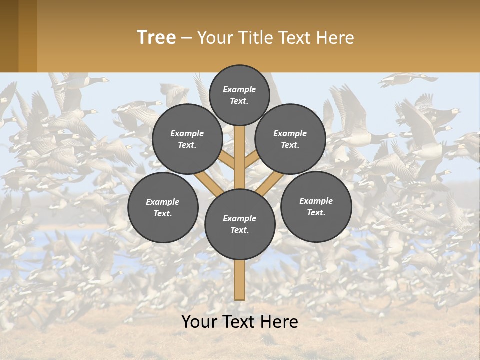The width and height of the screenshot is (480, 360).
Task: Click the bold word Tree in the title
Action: pos(156,37)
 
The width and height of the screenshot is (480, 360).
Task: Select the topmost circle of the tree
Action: pos(239,95)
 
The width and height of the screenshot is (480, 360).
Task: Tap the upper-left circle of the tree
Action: pos(187,139)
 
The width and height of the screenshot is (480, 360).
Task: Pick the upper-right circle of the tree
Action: pos(290,139)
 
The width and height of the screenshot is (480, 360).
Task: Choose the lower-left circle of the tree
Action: pos(163,207)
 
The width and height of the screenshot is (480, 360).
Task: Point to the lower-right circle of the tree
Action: pos(316,206)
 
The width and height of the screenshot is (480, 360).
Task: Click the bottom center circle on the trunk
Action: pos(240,224)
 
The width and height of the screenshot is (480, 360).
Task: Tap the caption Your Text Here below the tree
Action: pos(240,321)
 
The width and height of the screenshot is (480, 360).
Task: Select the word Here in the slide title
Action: pos(337,38)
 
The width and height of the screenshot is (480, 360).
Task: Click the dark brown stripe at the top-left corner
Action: pos(9,36)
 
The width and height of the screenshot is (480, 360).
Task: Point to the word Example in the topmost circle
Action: pos(239,89)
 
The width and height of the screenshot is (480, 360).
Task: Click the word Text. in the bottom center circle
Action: pos(239,230)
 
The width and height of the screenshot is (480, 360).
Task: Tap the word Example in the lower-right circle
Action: pos(316,201)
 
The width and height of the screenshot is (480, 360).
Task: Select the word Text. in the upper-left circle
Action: pos(187,145)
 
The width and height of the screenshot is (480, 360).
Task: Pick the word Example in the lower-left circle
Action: pos(163,202)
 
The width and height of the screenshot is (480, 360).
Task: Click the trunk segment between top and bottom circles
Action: pos(240,157)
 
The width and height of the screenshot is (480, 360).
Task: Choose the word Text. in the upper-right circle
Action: pos(290,145)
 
